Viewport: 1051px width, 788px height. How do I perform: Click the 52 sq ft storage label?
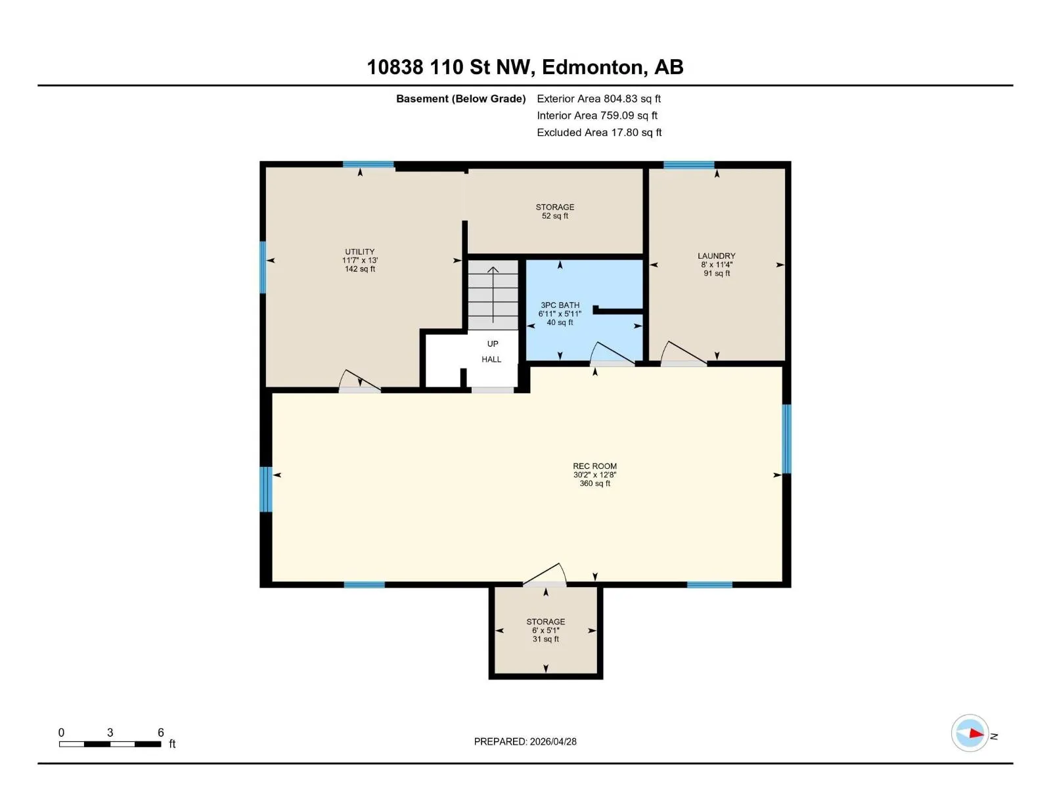pos(555,211)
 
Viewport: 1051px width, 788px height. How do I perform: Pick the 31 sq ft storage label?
pos(545,630)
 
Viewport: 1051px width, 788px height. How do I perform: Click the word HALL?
pos(491,359)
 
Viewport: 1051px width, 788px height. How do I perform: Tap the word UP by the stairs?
pos(493,344)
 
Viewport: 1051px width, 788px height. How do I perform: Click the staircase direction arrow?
pos(493,295)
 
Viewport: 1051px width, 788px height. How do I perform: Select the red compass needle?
pos(976,733)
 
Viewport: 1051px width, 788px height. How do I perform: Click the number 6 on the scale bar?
pos(161,732)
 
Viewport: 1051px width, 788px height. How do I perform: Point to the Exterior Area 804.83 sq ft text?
pos(598,98)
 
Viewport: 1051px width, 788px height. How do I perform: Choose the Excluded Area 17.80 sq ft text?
pos(599,133)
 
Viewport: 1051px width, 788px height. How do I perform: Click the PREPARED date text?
pos(525,741)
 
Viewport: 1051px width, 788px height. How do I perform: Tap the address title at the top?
pos(525,67)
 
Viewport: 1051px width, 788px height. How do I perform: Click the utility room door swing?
pos(359,380)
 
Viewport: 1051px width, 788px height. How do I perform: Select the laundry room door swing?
pos(683,353)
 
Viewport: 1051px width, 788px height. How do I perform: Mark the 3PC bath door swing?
pos(612,354)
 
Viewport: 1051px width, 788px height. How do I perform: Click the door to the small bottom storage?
pos(545,574)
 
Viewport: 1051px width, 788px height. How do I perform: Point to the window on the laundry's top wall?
pos(688,165)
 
